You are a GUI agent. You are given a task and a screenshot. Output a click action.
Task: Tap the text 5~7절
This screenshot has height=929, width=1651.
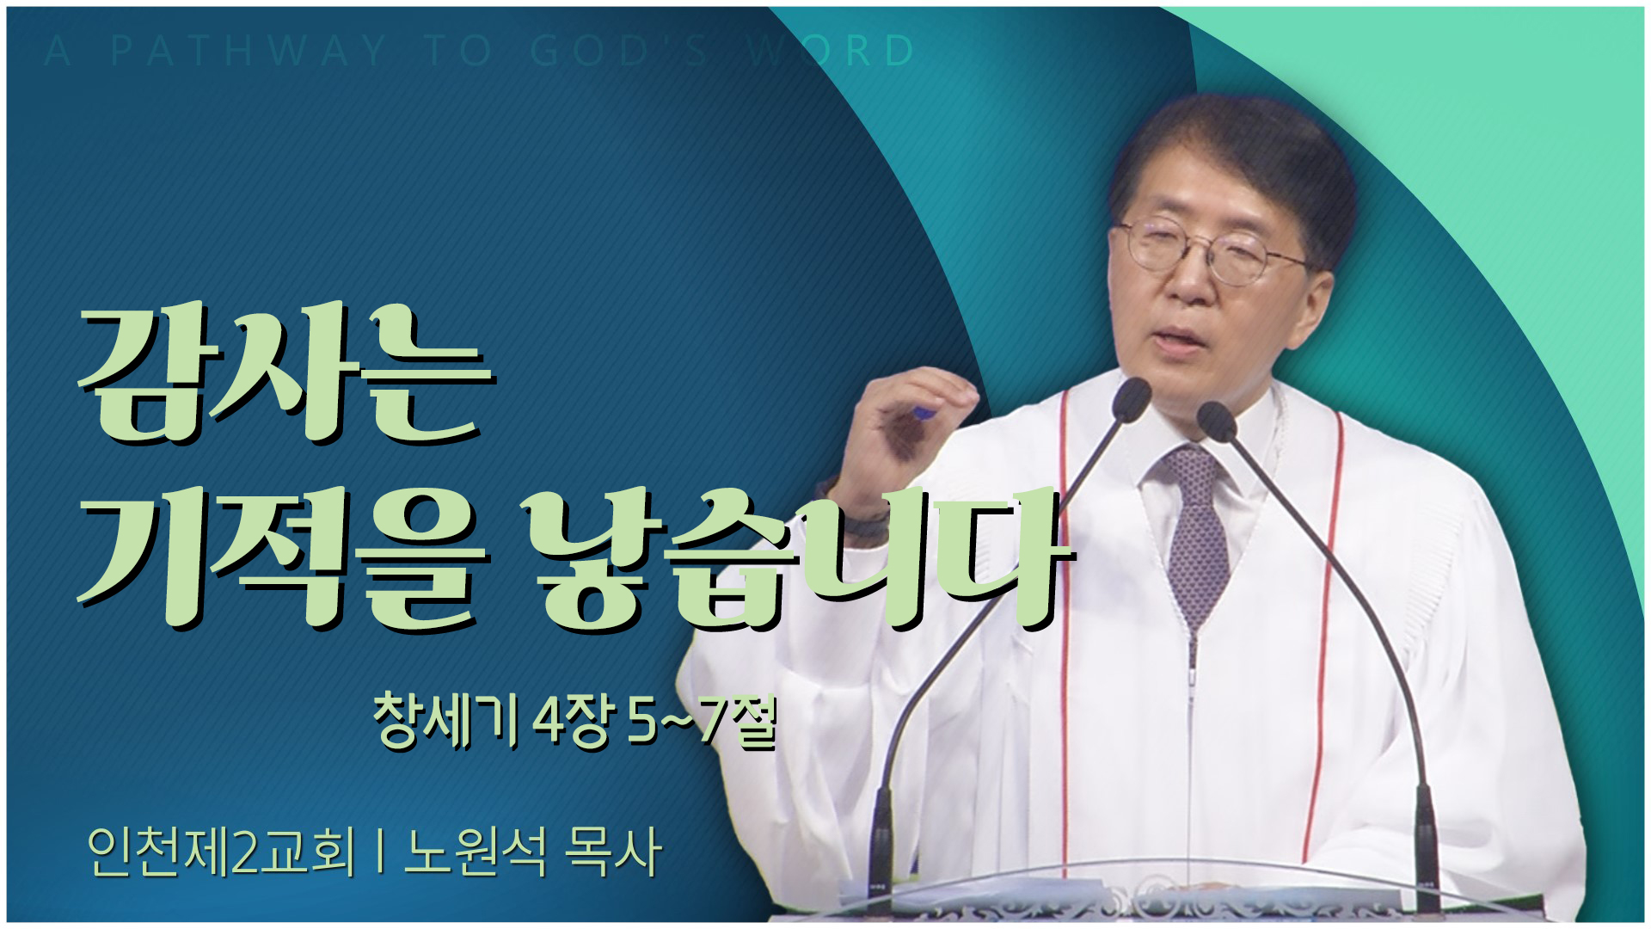coord(703,723)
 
